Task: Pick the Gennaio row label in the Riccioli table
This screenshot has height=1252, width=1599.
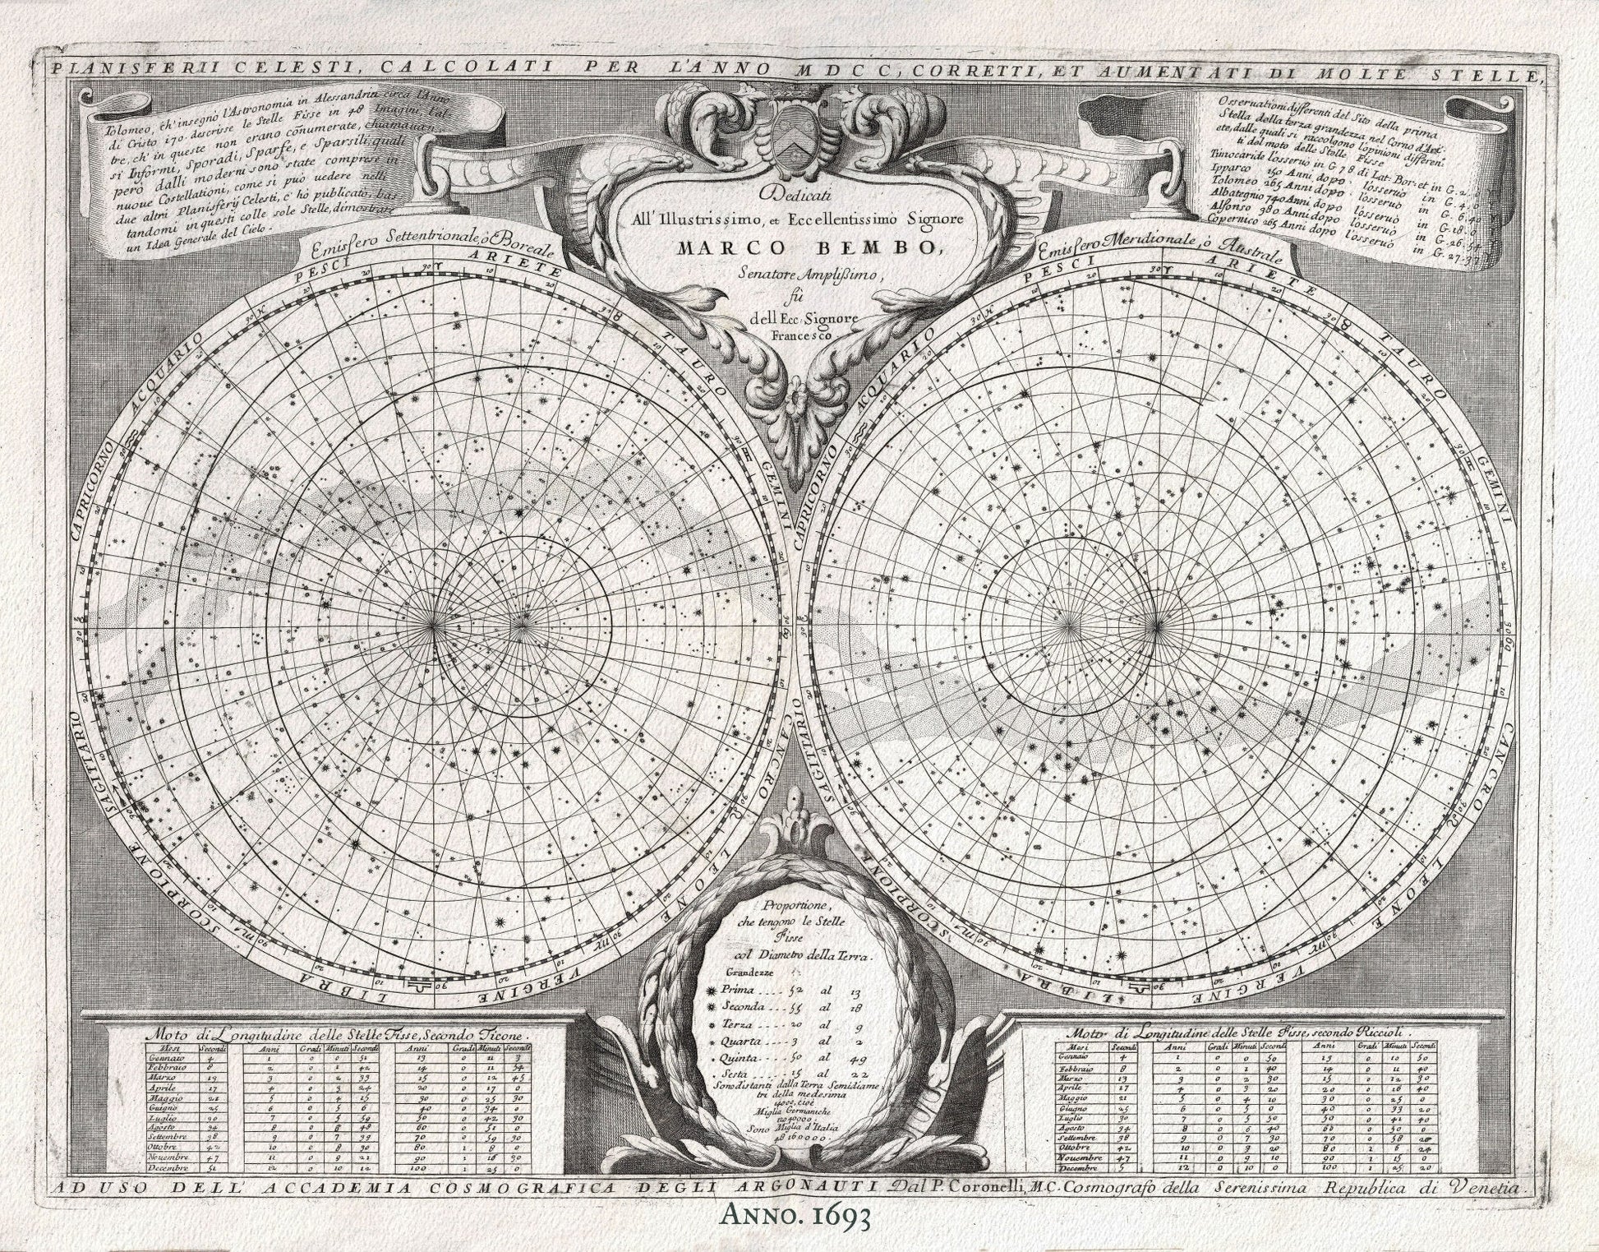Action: tap(1077, 1056)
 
